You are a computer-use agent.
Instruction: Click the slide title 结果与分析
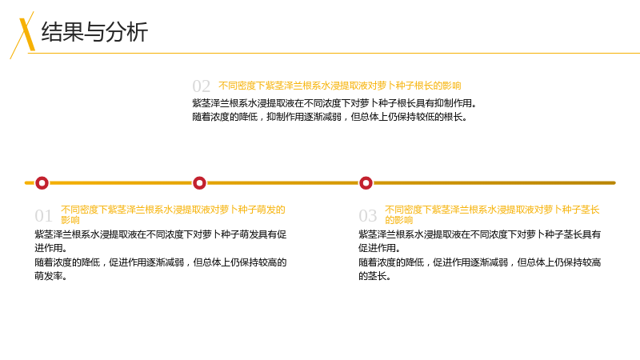(94, 32)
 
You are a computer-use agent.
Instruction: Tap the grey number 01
(43, 216)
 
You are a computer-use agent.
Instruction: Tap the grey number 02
(202, 86)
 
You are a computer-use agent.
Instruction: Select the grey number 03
(367, 216)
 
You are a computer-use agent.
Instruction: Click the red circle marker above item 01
(42, 183)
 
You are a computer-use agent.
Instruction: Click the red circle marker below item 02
(199, 183)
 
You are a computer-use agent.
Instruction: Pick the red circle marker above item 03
(366, 183)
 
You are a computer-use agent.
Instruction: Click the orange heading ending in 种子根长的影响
(339, 86)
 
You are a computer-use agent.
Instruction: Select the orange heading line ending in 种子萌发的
(173, 210)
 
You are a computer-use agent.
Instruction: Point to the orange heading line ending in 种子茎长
(492, 210)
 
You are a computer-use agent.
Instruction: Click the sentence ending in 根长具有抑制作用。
(334, 103)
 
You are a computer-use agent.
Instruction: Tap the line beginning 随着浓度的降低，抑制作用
(330, 117)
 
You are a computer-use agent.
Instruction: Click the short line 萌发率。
(51, 276)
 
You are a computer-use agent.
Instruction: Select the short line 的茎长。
(375, 276)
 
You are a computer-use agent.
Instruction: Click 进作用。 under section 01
(51, 248)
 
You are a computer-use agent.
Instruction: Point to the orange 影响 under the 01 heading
(70, 221)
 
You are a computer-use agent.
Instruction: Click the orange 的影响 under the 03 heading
(398, 221)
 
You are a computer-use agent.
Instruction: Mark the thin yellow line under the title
(334, 53)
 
